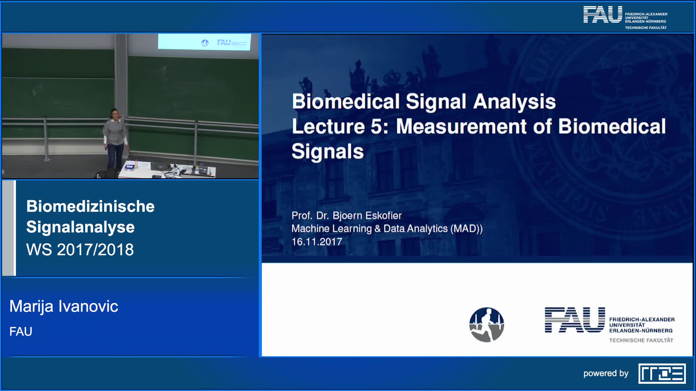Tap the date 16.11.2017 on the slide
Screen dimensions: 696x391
(x=317, y=242)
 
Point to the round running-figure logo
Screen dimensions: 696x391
(x=486, y=325)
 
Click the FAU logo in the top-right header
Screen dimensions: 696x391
(x=625, y=17)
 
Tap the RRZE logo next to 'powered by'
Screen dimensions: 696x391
(x=662, y=373)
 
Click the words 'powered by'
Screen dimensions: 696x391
(x=606, y=374)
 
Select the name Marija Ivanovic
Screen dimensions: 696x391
(x=64, y=306)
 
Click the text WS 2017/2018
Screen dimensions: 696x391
(x=80, y=249)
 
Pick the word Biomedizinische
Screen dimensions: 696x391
(x=90, y=206)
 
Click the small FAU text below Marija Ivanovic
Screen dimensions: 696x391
(x=21, y=331)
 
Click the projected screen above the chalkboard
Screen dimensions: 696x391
(x=204, y=42)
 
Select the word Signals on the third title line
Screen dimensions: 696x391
(x=328, y=151)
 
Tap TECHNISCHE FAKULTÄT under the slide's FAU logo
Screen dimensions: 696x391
(x=641, y=340)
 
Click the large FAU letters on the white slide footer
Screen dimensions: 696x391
(x=575, y=320)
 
